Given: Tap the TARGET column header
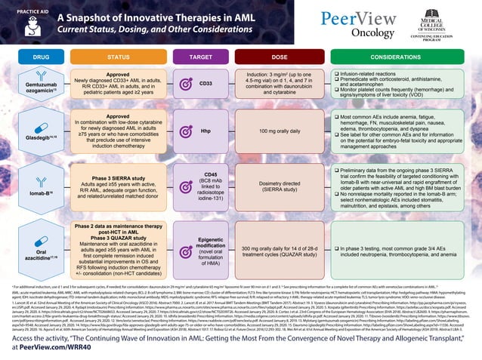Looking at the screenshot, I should (x=200, y=57).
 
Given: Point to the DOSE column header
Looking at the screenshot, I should (x=280, y=57).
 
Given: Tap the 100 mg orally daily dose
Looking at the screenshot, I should (x=280, y=131).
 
